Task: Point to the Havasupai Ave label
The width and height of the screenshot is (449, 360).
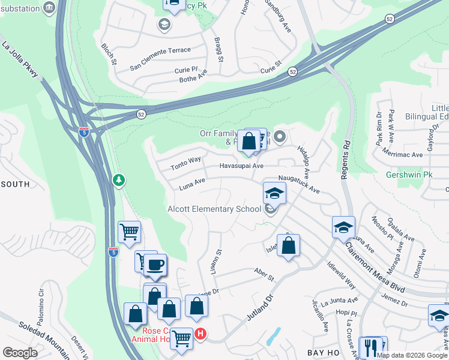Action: tap(241, 166)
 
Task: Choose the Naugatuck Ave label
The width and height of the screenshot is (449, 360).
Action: tap(298, 184)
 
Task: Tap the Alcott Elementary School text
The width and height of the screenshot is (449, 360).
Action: tap(214, 209)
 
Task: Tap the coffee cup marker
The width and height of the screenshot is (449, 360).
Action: tap(155, 265)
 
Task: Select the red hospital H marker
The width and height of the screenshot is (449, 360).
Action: tap(201, 334)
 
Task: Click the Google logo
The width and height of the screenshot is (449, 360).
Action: tap(20, 353)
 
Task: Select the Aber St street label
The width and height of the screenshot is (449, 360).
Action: tap(264, 275)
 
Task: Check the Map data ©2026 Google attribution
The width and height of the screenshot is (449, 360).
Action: tap(412, 355)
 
